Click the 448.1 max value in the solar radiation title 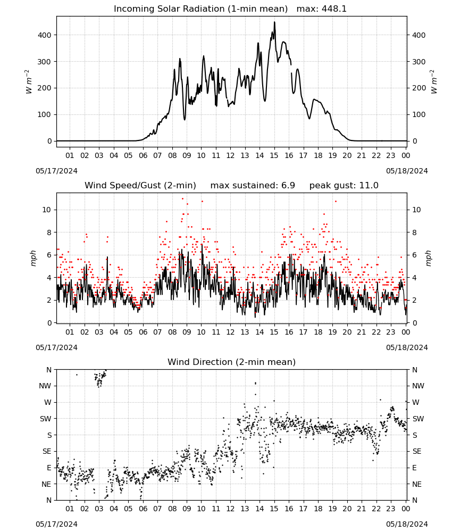tap(333, 9)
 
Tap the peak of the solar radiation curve tap(275, 22)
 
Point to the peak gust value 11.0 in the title tap(369, 186)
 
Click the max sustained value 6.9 tap(288, 186)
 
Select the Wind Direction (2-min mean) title tap(232, 362)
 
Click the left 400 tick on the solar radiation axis tap(45, 35)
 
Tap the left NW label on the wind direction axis tap(45, 386)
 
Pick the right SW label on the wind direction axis tap(418, 419)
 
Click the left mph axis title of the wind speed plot tap(33, 258)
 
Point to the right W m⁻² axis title tap(434, 82)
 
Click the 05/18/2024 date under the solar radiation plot tap(407, 171)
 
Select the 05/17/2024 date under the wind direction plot tap(56, 524)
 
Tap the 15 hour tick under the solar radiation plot tap(274, 155)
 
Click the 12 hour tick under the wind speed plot tap(230, 332)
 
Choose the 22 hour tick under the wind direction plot tap(376, 509)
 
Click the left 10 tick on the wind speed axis tap(47, 210)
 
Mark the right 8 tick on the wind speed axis tap(414, 232)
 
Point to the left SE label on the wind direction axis tap(47, 452)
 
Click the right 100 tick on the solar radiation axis tap(419, 115)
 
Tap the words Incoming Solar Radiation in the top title tap(169, 9)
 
